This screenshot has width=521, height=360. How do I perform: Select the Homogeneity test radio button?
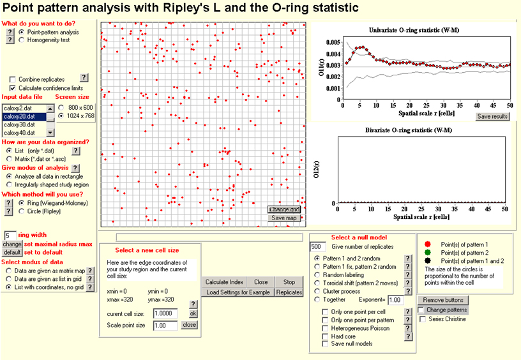pos(22,40)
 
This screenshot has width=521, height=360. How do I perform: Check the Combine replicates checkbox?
pos(13,79)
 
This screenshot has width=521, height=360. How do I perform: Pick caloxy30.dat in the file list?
pos(19,124)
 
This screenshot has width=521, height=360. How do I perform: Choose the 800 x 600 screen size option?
pos(61,107)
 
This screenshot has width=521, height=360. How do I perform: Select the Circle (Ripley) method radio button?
pos(22,211)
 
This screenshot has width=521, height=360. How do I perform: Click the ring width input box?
pos(10,236)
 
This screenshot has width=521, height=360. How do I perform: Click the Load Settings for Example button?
pos(238,292)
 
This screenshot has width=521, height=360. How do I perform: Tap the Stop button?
pos(289,281)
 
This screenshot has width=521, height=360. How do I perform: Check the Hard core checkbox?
pos(326,336)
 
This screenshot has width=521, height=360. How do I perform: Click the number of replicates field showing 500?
pos(317,246)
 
